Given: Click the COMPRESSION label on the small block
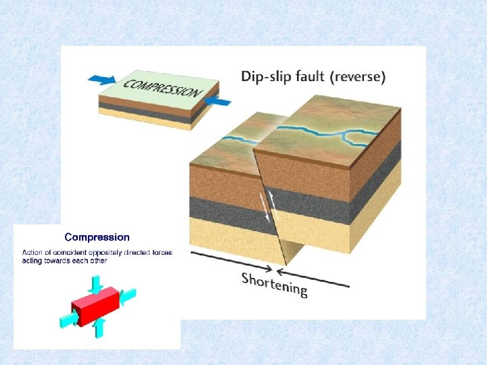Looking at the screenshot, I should [163, 88].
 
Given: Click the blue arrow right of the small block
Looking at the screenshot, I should [217, 102].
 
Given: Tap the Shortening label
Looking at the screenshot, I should [275, 285].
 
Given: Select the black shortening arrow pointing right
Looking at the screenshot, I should [230, 260].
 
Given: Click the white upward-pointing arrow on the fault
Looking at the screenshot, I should [273, 199].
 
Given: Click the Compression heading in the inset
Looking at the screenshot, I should [97, 237].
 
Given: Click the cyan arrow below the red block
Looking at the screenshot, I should [99, 328].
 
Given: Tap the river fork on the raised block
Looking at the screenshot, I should [346, 135].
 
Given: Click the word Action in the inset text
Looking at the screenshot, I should [32, 253].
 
